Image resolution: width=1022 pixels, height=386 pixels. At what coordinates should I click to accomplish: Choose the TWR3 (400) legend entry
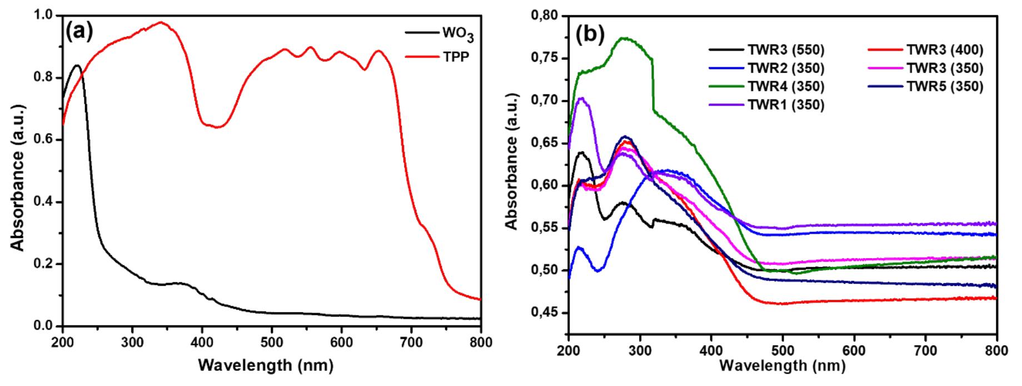pos(945,50)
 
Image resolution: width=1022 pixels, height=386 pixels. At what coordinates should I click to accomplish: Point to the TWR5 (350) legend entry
pos(945,87)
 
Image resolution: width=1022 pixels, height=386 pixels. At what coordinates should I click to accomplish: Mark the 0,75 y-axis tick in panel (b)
pos(545,58)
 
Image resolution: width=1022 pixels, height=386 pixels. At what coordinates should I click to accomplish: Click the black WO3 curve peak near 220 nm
pos(77,65)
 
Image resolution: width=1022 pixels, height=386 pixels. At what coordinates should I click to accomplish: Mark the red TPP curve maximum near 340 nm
pos(161,22)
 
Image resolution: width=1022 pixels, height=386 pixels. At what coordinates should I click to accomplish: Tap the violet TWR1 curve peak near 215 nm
pos(581,98)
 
